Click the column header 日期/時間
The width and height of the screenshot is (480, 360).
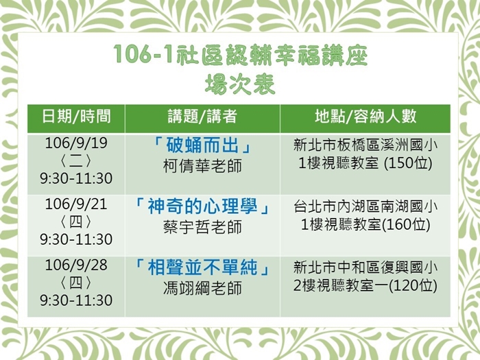[x=76, y=117]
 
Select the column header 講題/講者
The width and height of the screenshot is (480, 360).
[x=202, y=117]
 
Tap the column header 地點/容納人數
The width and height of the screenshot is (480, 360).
[x=365, y=117]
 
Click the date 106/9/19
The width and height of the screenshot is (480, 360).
[x=76, y=143]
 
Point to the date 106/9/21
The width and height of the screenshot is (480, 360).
[x=76, y=204]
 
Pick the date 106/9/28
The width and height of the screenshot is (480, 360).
[x=76, y=265]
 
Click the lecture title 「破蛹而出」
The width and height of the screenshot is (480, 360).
[x=202, y=145]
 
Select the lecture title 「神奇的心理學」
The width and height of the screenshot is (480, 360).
[x=202, y=206]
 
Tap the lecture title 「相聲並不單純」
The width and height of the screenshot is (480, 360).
[x=202, y=267]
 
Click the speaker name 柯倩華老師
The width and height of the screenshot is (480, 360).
[x=202, y=166]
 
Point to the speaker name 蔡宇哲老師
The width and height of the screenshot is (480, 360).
[x=202, y=227]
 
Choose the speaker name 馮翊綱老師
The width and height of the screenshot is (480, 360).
[x=202, y=288]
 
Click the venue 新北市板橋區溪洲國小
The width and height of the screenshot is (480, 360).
[x=365, y=145]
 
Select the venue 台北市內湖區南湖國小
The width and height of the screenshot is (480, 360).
[x=365, y=206]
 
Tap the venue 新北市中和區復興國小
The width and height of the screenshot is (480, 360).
[x=365, y=267]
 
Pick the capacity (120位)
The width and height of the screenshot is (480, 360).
[x=413, y=286]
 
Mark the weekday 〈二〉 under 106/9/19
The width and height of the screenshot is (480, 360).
[x=76, y=161]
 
